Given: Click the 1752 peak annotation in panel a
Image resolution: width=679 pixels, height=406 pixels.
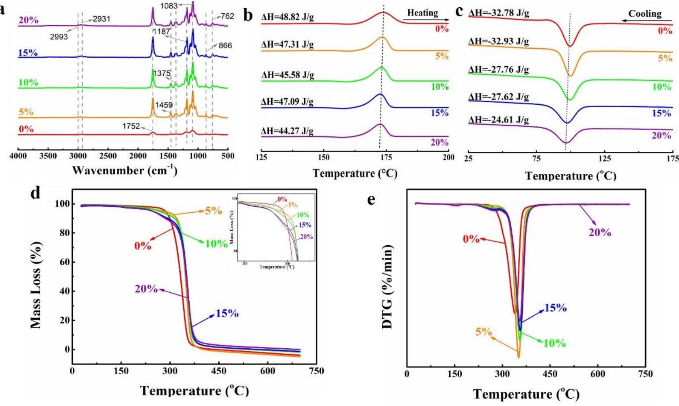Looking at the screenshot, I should tap(131, 126).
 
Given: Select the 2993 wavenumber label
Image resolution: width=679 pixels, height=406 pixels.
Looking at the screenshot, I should tap(59, 37).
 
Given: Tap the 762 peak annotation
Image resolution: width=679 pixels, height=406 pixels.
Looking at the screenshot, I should tap(227, 16).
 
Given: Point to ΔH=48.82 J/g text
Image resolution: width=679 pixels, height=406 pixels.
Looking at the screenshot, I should tap(288, 17).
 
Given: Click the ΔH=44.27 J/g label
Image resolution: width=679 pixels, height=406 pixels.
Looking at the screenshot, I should tap(288, 131).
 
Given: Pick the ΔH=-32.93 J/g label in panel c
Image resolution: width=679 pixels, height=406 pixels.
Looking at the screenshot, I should tap(499, 41).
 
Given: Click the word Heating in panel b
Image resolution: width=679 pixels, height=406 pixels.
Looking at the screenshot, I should tap(422, 13).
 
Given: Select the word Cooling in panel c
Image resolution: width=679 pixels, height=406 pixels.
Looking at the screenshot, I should tap(645, 14).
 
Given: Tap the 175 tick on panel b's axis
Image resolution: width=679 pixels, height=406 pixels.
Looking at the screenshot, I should tap(386, 157).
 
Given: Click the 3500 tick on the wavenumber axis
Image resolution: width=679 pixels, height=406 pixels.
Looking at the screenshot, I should tap(48, 156).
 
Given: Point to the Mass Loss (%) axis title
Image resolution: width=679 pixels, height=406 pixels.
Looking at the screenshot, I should tap(36, 285).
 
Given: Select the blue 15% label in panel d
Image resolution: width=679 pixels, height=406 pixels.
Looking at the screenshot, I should tap(227, 313).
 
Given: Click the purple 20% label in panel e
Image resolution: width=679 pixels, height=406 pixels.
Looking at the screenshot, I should tap(600, 233).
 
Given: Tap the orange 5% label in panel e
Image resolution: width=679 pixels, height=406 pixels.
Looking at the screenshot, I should tap(484, 332).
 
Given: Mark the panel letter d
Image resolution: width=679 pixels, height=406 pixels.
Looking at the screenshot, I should tap(35, 193).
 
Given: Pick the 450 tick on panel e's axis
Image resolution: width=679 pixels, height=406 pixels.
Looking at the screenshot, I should tap(550, 374).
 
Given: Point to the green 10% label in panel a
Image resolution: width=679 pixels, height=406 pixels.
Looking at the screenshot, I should tap(28, 82).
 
